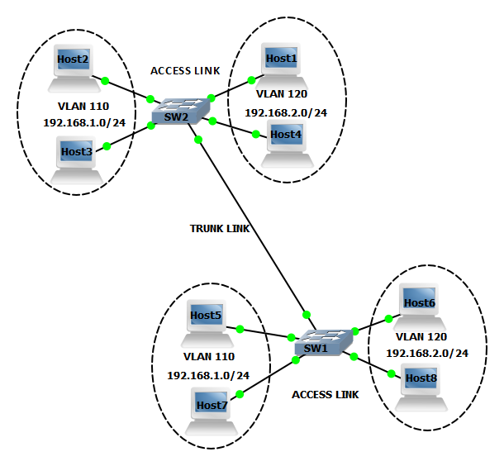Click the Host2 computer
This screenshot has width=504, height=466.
pos(74,69)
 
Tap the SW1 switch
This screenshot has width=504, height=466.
pos(323,344)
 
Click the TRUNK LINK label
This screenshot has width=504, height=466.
pos(219,228)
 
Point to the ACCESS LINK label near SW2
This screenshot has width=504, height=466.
pos(185,71)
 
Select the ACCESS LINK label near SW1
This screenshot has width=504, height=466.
pos(326,395)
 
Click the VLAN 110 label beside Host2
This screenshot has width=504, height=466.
pos(83,107)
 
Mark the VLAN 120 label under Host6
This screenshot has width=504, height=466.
pos(421,337)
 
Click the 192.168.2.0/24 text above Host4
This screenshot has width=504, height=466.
pos(286,112)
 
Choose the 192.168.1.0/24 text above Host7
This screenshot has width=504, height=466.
pos(208,375)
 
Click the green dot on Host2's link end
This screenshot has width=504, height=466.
pos(105,80)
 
